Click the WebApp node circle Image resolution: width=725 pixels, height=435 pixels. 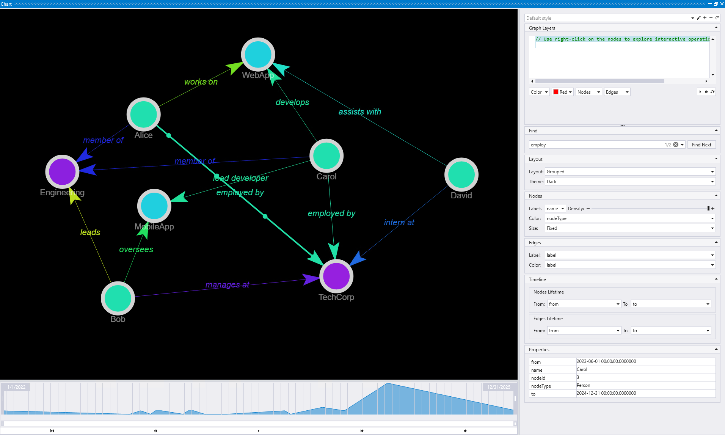click(258, 55)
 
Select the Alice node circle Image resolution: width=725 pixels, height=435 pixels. click(143, 114)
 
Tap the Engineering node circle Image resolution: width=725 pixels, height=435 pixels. click(62, 171)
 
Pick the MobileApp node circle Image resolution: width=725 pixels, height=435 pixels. click(154, 206)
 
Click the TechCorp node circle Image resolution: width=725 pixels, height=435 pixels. click(336, 276)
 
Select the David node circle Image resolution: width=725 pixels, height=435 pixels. click(461, 174)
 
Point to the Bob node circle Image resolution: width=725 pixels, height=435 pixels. click(118, 298)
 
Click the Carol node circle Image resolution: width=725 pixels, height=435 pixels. click(326, 156)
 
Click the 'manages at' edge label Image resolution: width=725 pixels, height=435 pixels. click(227, 284)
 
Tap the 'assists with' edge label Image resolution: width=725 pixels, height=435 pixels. click(359, 111)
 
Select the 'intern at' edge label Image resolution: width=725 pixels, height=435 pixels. click(399, 222)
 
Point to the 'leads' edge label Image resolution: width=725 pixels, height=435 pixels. click(90, 232)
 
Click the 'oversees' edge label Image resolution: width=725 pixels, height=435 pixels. click(136, 249)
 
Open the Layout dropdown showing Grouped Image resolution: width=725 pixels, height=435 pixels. click(630, 172)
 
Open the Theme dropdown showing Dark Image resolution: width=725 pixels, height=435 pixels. click(630, 182)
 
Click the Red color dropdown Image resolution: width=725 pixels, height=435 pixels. click(563, 92)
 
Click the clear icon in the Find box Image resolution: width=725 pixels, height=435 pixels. click(676, 144)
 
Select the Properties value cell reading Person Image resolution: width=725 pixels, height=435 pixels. click(645, 385)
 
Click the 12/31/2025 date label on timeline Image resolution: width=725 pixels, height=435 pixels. click(499, 387)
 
